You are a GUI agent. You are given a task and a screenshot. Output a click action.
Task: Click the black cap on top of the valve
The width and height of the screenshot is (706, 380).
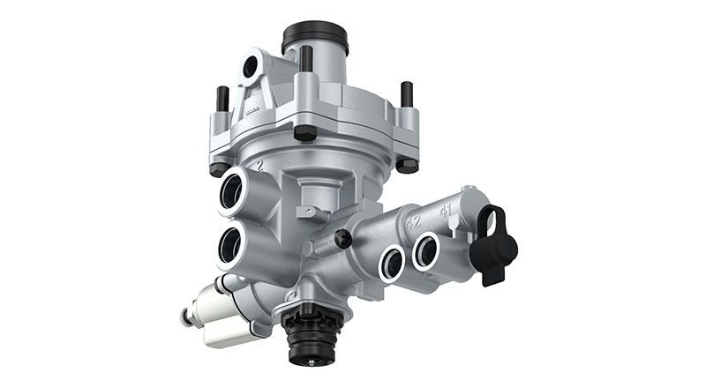315,37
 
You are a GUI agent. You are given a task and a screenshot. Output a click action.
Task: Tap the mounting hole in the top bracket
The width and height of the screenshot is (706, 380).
252,66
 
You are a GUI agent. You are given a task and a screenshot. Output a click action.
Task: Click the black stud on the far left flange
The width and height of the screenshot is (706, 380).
222,99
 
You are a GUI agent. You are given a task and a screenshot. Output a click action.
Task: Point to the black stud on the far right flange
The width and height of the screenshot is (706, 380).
407,94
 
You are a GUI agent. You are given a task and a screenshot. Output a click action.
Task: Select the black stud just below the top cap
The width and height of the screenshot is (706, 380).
305,58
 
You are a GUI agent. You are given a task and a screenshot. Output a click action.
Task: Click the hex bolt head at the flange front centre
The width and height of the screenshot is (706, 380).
304,133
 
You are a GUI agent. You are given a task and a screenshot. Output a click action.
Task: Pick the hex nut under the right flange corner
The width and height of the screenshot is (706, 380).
407,164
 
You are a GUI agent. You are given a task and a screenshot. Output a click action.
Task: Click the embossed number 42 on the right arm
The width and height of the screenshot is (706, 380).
413,222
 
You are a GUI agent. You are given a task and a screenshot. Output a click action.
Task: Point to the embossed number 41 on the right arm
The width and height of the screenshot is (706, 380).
445,212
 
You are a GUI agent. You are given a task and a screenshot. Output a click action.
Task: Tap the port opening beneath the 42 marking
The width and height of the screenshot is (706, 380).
392,260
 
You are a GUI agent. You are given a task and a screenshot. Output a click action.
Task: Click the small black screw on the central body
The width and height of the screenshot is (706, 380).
343,238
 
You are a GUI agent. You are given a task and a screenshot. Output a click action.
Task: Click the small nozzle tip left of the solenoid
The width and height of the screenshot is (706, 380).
185,317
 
